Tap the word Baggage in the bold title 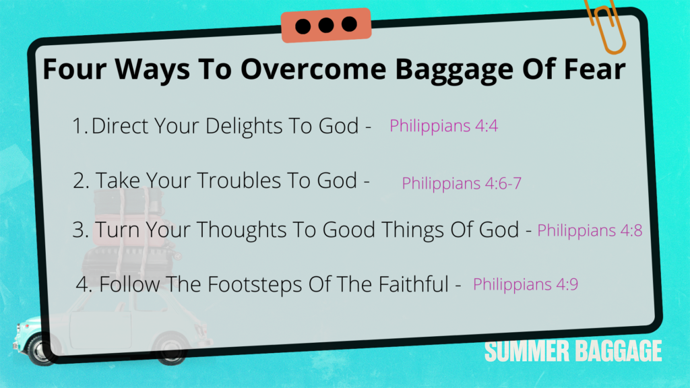click(454, 70)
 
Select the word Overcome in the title click(313, 69)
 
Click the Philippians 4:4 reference click(443, 126)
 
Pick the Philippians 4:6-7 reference click(461, 183)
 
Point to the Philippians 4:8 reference click(590, 230)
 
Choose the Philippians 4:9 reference click(526, 285)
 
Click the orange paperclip click(606, 26)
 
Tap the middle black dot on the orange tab click(326, 25)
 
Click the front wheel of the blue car click(41, 350)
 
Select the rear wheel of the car click(170, 350)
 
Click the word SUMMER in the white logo click(527, 351)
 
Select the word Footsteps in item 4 click(255, 285)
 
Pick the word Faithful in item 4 click(413, 284)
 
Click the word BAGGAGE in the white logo click(619, 351)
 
